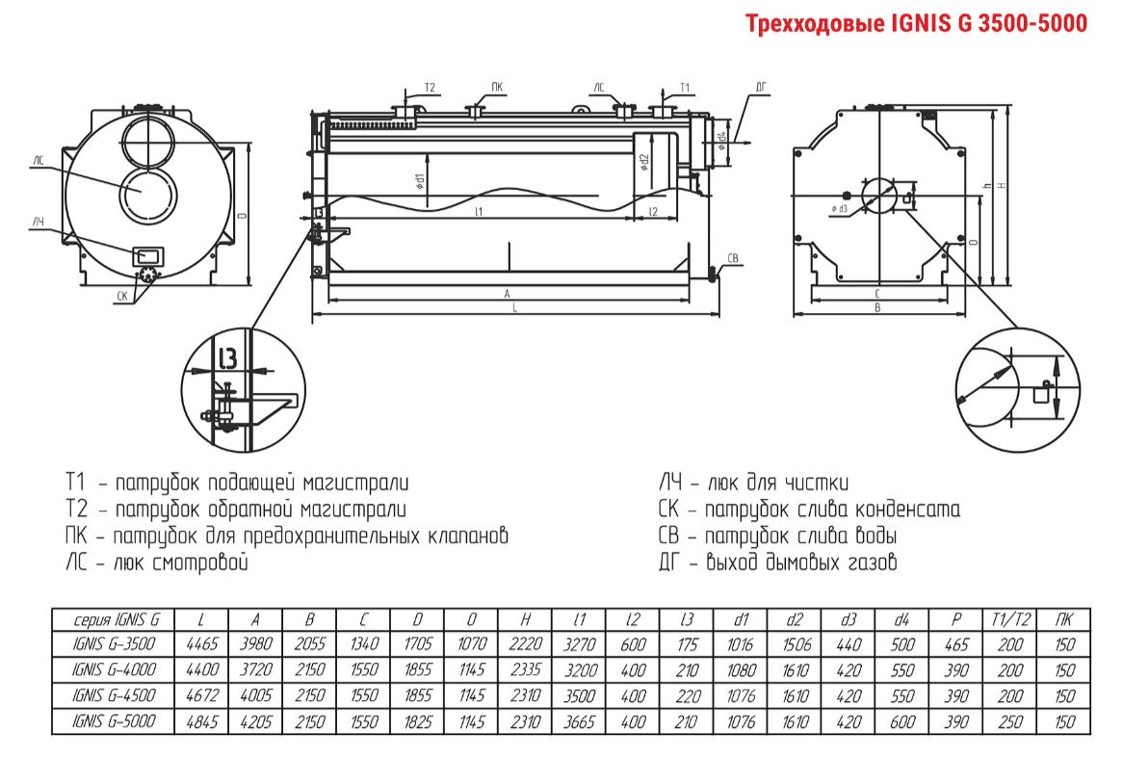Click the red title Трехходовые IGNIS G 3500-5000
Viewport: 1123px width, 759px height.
point(917,23)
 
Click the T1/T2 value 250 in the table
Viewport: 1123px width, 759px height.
point(1007,720)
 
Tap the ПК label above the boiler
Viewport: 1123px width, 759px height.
point(496,87)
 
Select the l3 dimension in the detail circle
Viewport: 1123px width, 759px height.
point(228,359)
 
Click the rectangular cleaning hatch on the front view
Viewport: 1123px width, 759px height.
point(148,255)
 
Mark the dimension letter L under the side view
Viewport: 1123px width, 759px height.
point(515,309)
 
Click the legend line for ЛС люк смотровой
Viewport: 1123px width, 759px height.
point(157,563)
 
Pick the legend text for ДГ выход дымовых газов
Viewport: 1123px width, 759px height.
point(778,563)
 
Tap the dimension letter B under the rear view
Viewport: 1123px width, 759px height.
point(877,308)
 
